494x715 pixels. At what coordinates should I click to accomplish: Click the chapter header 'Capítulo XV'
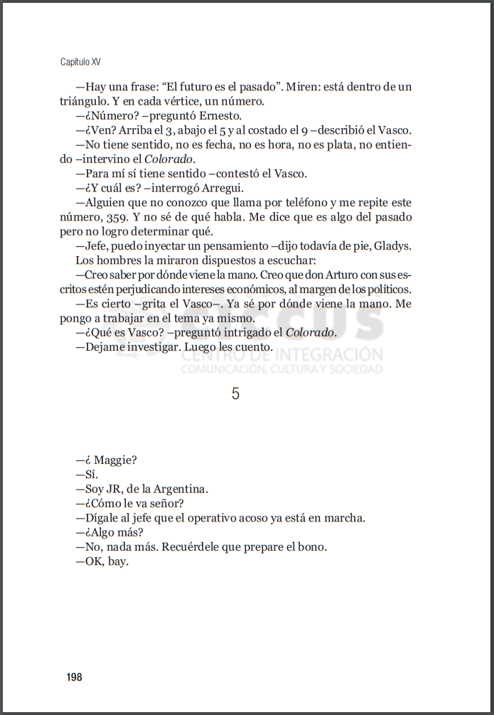coord(85,62)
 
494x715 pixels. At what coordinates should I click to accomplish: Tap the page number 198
coord(74,677)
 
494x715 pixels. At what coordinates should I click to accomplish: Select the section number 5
coord(236,393)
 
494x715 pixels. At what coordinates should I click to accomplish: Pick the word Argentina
coord(181,489)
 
